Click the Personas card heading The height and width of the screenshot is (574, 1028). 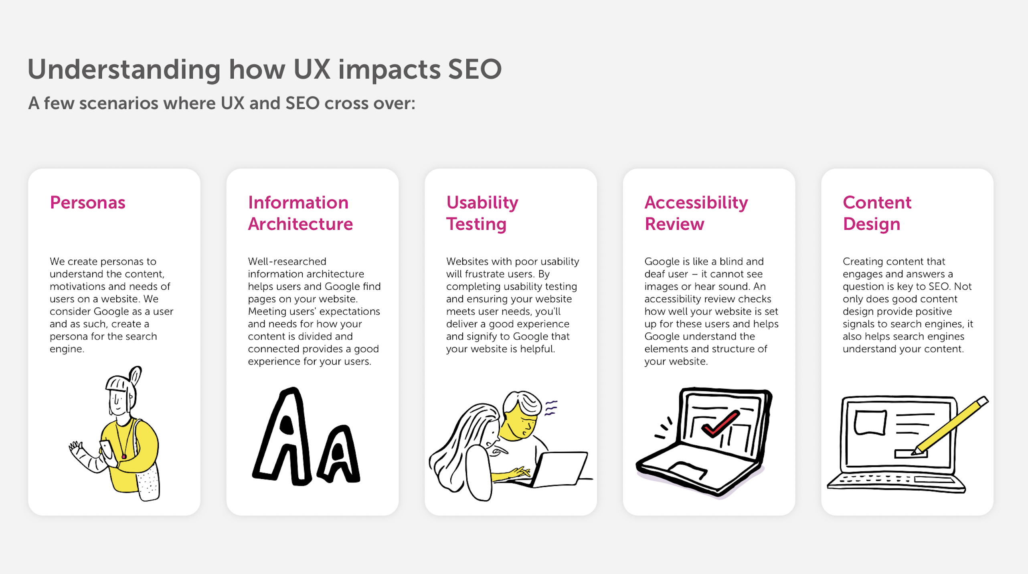point(87,202)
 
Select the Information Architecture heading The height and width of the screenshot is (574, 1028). point(300,213)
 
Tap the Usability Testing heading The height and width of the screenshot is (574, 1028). point(482,213)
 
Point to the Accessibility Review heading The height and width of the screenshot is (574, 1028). point(696,213)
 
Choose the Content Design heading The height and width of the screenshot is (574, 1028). point(877,213)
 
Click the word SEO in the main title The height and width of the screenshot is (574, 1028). point(474,69)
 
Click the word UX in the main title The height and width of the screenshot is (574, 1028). point(312,69)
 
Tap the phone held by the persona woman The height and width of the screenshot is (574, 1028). point(106,449)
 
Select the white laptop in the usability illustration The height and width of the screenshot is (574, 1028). point(559,469)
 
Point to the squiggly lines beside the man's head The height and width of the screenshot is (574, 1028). point(551,408)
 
